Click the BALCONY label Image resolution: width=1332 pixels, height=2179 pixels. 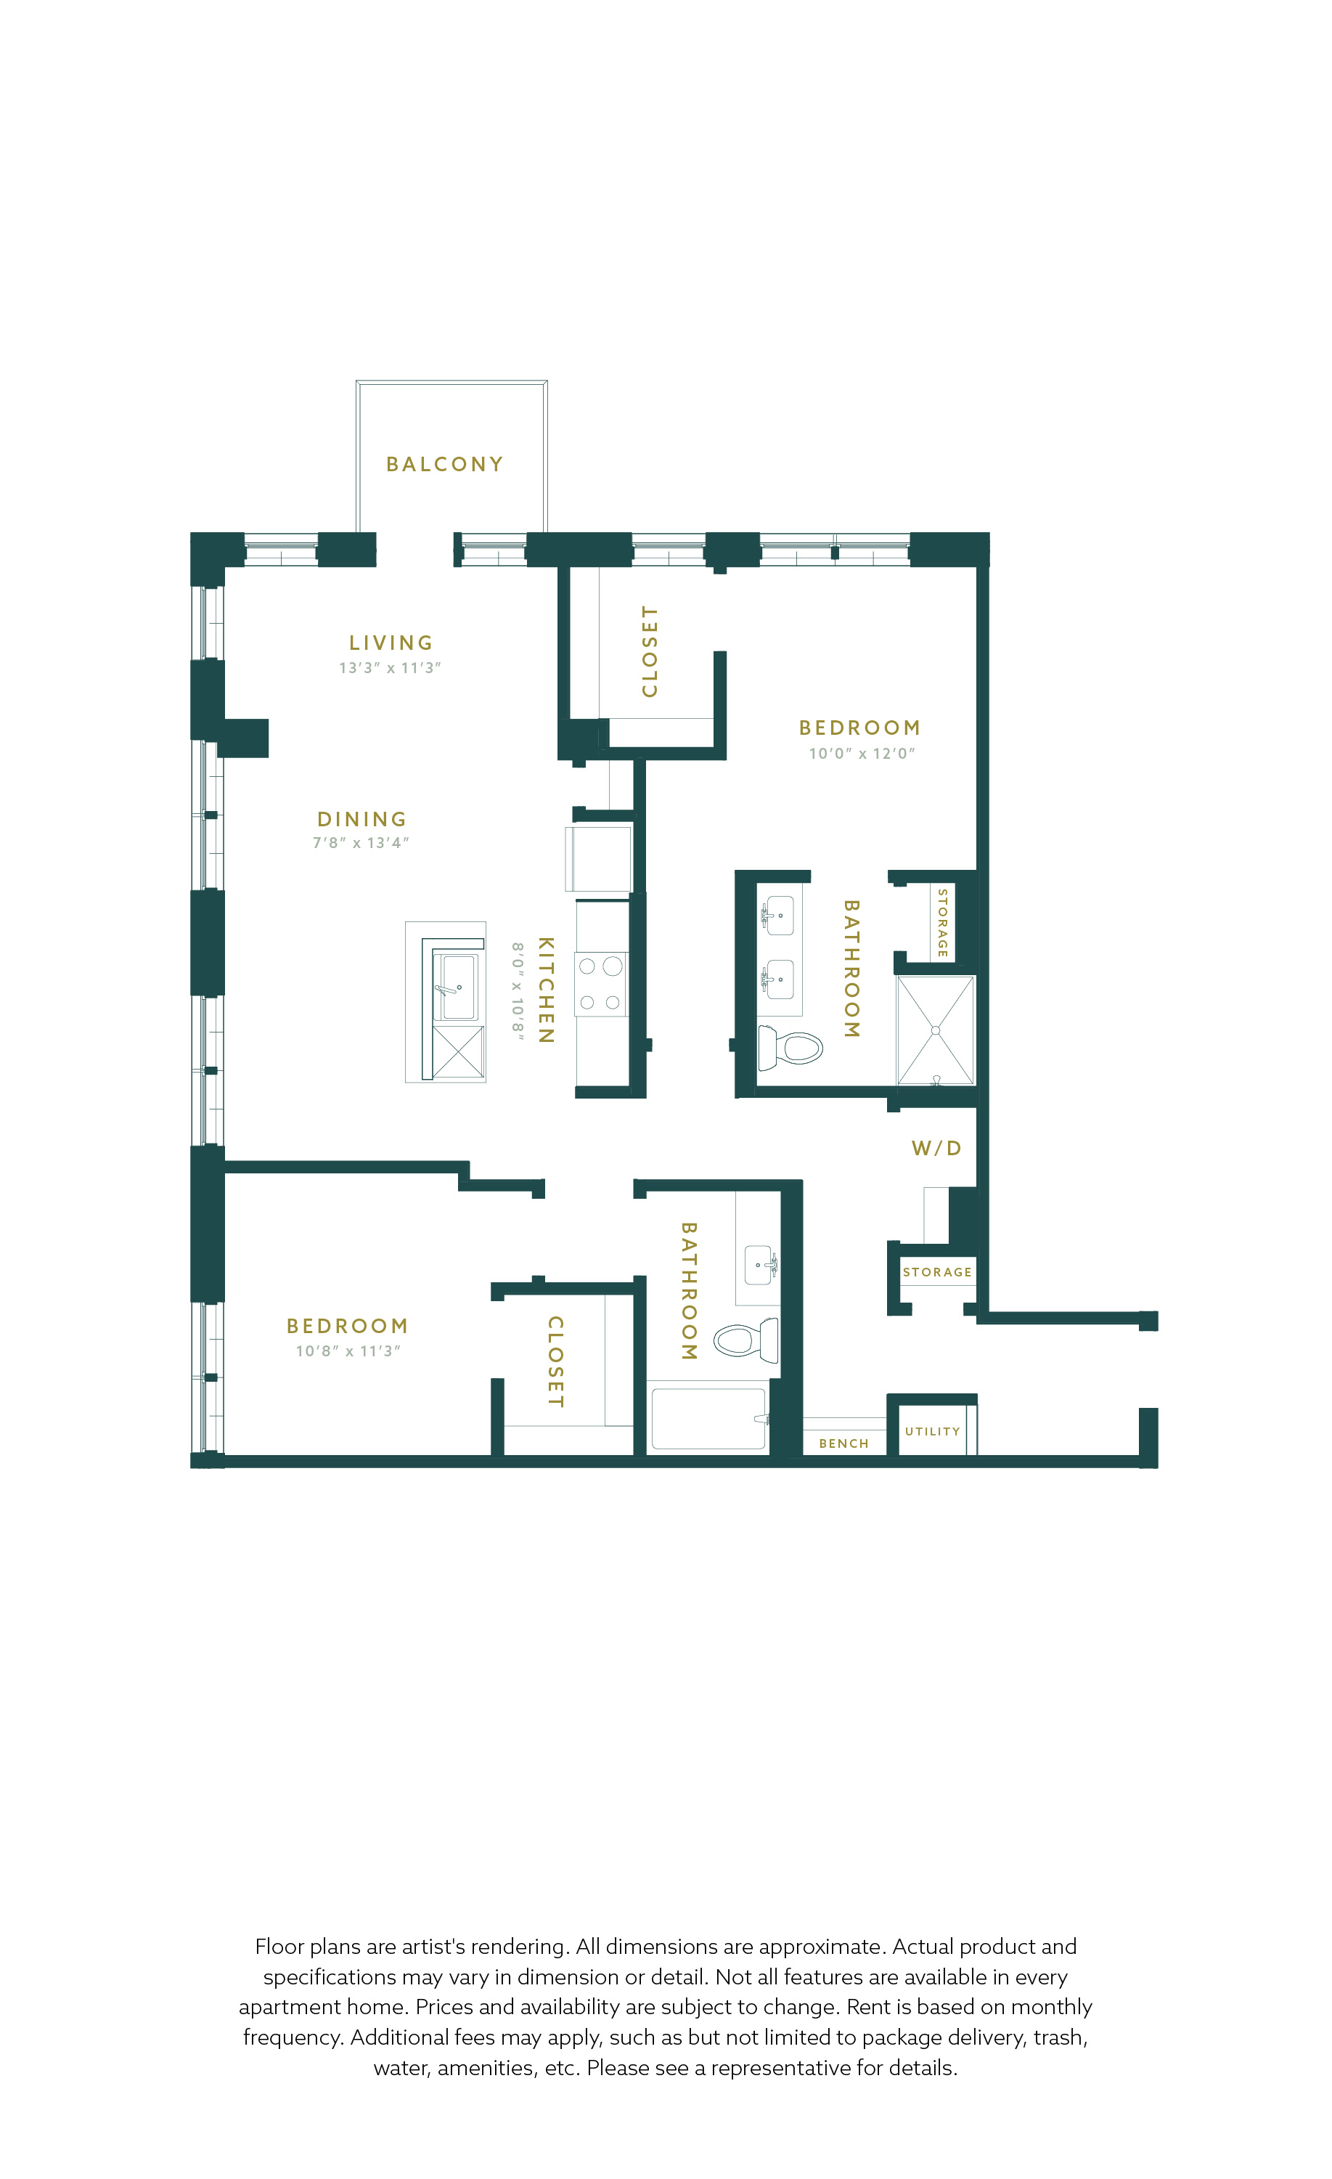[444, 464]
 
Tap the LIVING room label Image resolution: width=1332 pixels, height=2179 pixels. [391, 643]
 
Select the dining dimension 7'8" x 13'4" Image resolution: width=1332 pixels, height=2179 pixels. [361, 843]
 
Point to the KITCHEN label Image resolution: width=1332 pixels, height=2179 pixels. [547, 990]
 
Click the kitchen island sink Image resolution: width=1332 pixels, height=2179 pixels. [459, 987]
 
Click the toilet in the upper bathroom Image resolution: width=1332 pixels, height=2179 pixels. [790, 1048]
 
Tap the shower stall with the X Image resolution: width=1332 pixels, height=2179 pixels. [936, 1030]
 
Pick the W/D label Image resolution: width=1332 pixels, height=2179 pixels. [936, 1148]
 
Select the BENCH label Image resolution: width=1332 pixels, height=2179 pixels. [844, 1443]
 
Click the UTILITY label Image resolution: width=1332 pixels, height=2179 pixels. [933, 1431]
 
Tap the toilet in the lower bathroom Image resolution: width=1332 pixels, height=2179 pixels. [746, 1340]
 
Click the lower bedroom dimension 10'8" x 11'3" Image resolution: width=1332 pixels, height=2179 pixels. [348, 1351]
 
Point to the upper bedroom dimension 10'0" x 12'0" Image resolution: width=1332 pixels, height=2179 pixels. [862, 754]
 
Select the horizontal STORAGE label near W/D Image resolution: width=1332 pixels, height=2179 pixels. [937, 1271]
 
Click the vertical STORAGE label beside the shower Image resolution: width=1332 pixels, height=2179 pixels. [942, 922]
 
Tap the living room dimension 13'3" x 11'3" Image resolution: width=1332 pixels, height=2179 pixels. [390, 668]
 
